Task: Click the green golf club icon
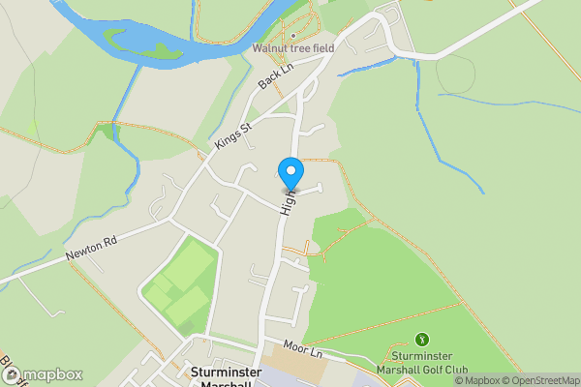tap(421, 339)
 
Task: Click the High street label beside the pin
tap(287, 201)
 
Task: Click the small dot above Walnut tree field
tap(292, 35)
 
